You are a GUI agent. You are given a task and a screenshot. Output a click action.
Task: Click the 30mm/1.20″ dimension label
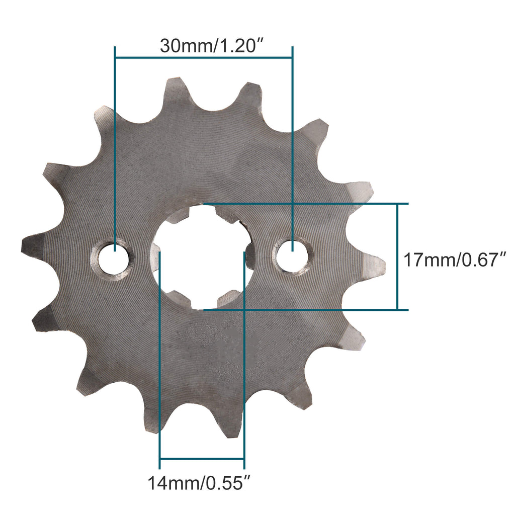coord(212,46)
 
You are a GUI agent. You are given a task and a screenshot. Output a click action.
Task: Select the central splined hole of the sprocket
coord(202,256)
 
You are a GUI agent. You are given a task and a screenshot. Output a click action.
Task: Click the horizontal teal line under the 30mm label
coord(204,58)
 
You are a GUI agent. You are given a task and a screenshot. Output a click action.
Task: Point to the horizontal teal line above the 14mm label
coord(202,459)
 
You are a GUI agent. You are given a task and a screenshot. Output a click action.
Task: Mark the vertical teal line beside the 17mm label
coord(398,256)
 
